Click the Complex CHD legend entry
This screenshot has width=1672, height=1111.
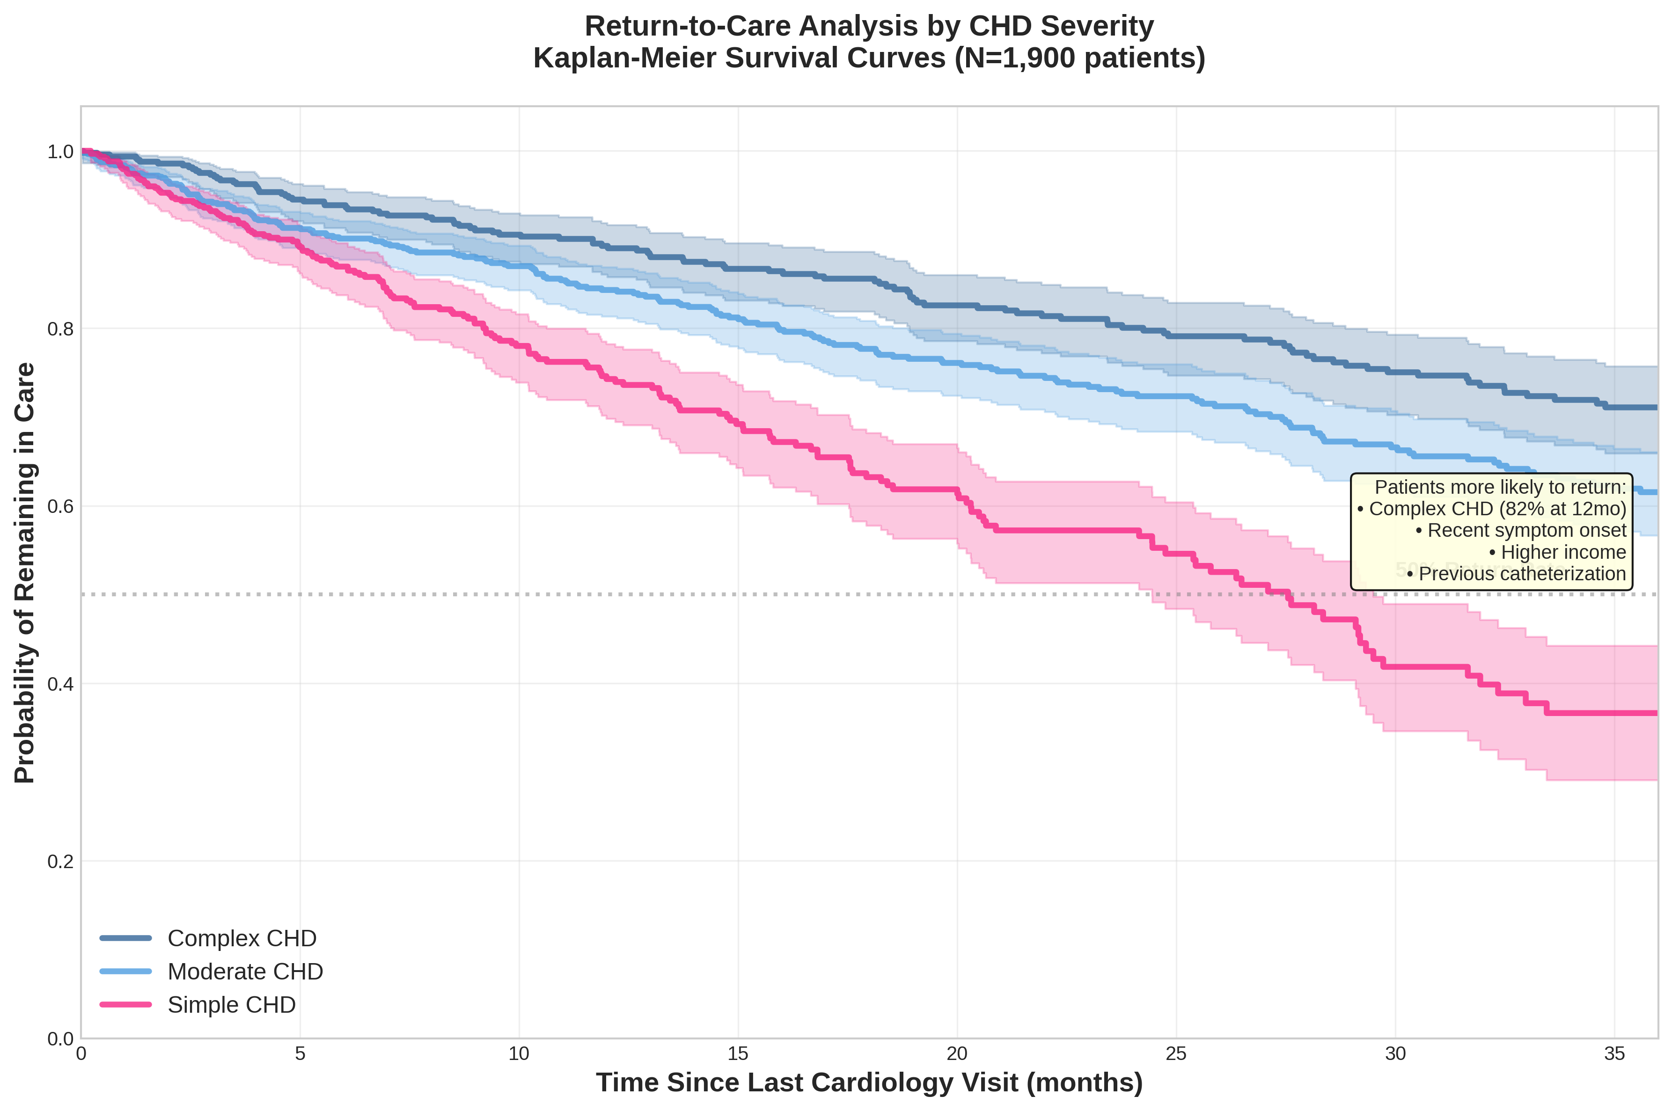241,938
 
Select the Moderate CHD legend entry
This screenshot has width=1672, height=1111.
244,972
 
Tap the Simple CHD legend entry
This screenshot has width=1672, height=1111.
231,1005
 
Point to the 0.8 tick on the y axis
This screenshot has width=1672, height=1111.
60,329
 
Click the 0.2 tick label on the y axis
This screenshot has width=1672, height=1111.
60,862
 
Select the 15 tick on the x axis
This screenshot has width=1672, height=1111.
738,1053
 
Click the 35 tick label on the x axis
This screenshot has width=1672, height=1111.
1614,1053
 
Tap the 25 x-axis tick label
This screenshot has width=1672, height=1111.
1176,1053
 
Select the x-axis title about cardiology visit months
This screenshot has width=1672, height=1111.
869,1082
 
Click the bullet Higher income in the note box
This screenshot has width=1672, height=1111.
1563,552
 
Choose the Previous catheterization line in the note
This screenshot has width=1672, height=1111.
1522,574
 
